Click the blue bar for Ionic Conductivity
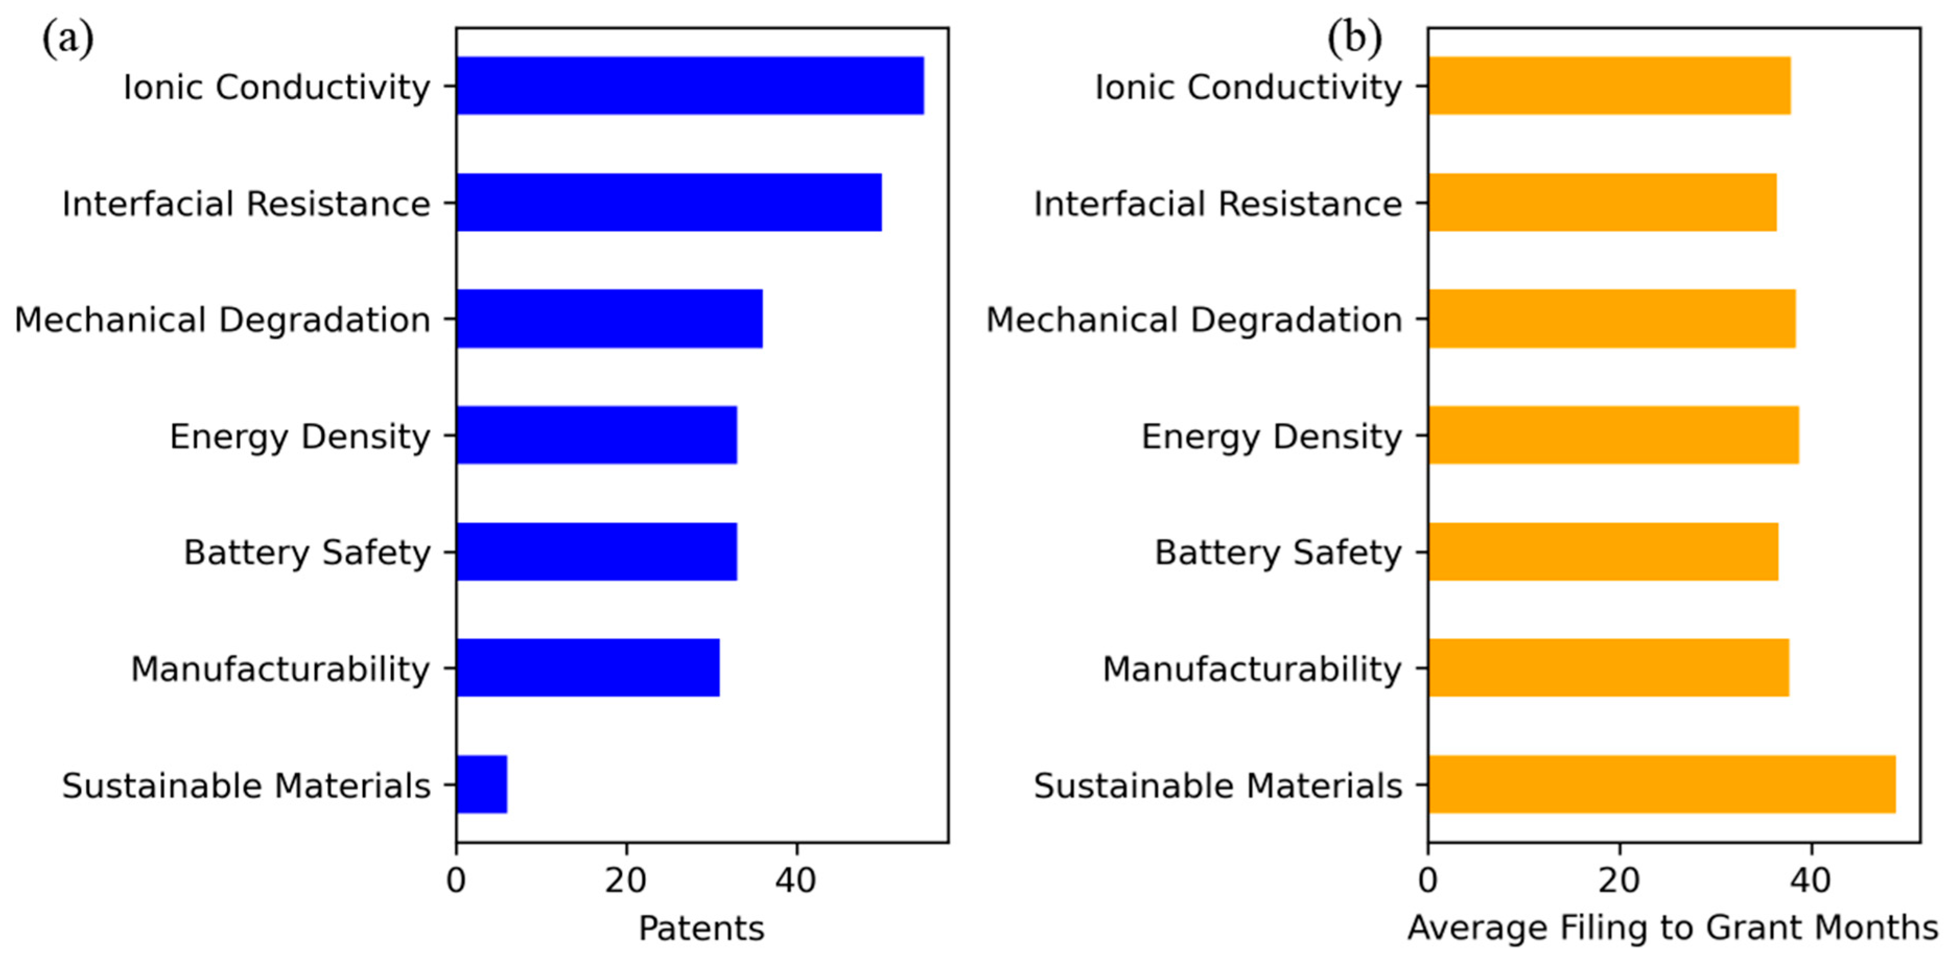click(689, 86)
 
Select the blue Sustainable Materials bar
click(481, 784)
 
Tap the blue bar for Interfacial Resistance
click(668, 203)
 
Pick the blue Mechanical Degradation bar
click(609, 319)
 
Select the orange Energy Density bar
click(1613, 435)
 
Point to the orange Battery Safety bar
click(1602, 552)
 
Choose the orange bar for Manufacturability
click(1608, 668)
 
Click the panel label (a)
click(67, 38)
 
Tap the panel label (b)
click(1354, 38)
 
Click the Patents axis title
click(701, 928)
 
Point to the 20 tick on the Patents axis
click(626, 881)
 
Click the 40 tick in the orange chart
click(1811, 881)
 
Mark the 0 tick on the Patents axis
click(456, 881)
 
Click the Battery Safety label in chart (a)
click(307, 553)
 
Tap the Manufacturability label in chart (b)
click(1252, 669)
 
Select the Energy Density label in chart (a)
click(300, 436)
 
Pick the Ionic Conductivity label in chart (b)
click(1247, 87)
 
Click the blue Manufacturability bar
click(588, 668)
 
